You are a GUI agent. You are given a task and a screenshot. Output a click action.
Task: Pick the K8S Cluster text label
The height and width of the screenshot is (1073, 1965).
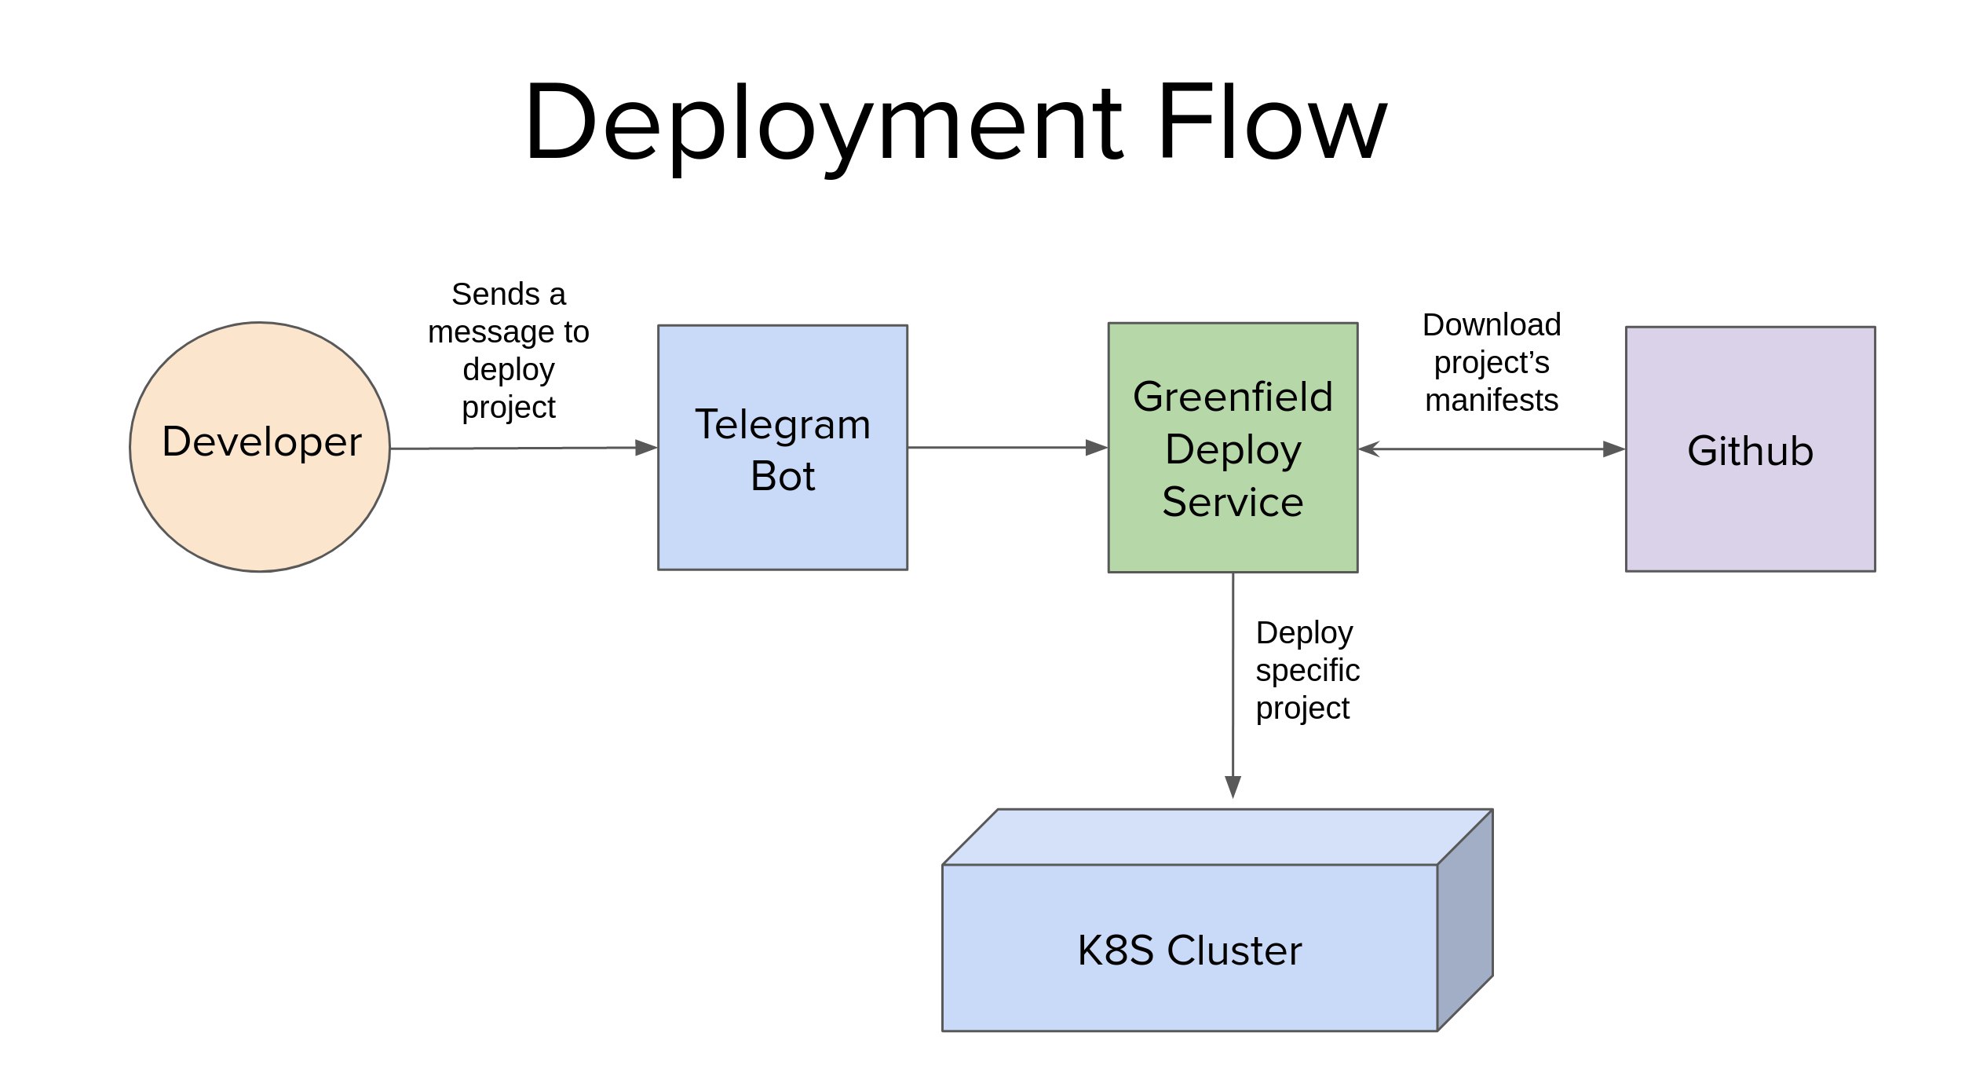[1189, 950]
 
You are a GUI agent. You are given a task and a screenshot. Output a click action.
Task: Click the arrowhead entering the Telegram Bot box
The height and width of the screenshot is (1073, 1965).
[646, 448]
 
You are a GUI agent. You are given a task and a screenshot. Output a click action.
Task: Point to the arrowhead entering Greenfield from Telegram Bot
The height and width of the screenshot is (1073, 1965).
[1096, 448]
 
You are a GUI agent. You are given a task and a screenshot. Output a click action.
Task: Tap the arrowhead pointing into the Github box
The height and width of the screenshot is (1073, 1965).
[1613, 449]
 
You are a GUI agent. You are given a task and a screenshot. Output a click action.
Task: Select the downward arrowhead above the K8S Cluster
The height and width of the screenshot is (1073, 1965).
[1233, 786]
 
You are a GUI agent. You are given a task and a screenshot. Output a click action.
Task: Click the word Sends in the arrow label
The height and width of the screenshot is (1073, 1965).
[484, 295]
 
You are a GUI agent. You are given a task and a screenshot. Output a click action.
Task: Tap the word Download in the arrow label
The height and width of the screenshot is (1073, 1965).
[1491, 324]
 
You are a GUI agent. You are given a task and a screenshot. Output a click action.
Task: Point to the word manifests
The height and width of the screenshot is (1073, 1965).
[1491, 401]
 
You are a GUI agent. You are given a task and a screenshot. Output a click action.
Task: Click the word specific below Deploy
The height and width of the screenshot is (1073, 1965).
[1307, 670]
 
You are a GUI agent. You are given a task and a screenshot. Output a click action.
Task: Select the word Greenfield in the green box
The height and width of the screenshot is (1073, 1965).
[1233, 397]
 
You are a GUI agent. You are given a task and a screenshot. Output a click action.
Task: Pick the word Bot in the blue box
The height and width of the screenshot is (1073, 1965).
[782, 476]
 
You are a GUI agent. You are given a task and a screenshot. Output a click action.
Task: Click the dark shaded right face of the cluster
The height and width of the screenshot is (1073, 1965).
[1465, 919]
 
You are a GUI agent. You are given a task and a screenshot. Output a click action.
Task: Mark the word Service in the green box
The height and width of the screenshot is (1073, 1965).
[1233, 502]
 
